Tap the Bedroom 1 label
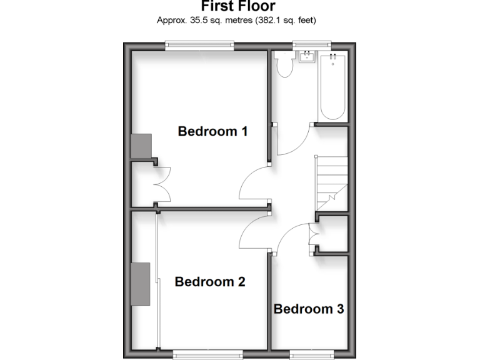pyautogui.click(x=212, y=131)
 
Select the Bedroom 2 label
pyautogui.click(x=209, y=282)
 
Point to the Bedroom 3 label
pyautogui.click(x=309, y=309)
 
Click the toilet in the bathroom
pyautogui.click(x=286, y=64)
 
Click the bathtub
pyautogui.click(x=332, y=87)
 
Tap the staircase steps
pyautogui.click(x=331, y=181)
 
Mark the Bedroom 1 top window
pyautogui.click(x=199, y=45)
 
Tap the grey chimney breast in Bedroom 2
pyautogui.click(x=141, y=284)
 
